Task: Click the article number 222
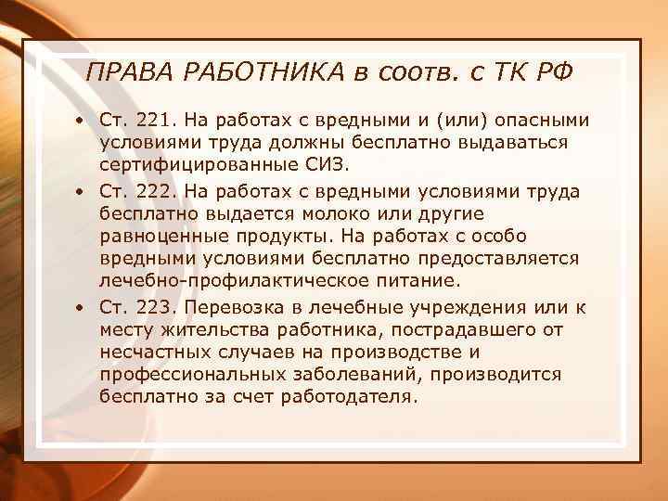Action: pos(153,191)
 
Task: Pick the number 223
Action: pos(153,308)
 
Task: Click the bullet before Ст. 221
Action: pos(82,121)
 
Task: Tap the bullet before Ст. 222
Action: pos(82,192)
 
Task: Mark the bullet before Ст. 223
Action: pos(82,309)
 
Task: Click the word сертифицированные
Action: pos(192,166)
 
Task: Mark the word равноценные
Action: pos(158,237)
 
